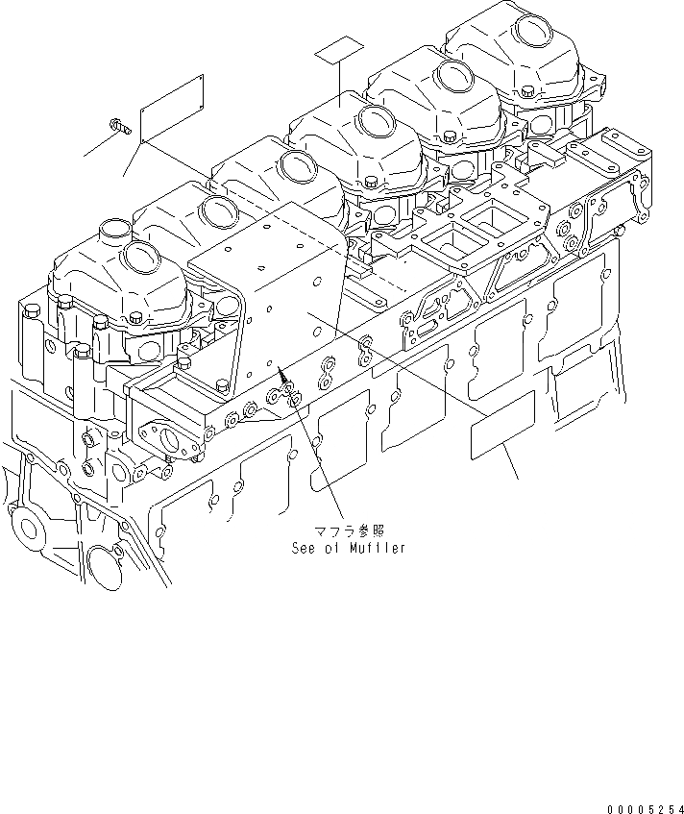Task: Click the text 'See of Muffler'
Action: (349, 548)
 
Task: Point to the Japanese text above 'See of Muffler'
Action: (343, 530)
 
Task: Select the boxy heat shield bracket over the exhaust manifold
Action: (269, 298)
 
